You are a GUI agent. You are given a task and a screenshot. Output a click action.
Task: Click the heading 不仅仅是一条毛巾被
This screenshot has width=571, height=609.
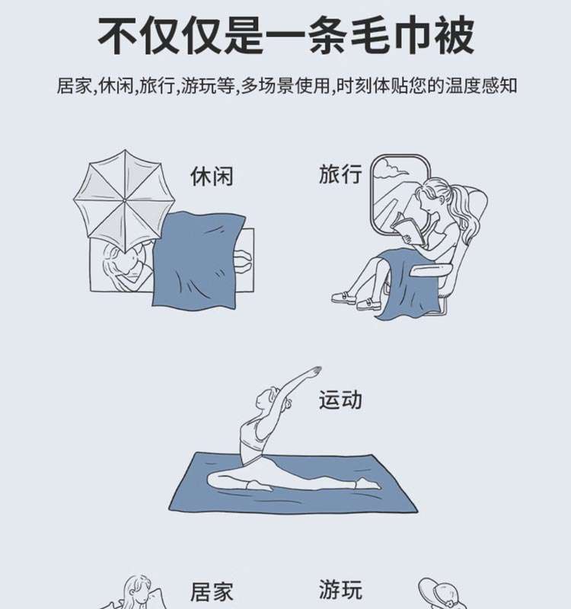(285, 36)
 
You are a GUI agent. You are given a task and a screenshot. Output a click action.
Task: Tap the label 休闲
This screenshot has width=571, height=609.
(212, 177)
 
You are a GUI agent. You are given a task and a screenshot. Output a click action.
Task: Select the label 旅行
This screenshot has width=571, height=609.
(340, 174)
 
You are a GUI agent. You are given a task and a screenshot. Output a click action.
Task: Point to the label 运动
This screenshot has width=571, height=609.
(340, 400)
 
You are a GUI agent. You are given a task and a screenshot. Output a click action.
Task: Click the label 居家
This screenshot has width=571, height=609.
(212, 592)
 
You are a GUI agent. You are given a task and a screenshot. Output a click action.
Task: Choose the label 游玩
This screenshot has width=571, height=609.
(340, 589)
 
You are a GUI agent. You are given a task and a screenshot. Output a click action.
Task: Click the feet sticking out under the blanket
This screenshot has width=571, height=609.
(243, 261)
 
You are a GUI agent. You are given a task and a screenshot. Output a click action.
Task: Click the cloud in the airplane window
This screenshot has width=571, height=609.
(391, 170)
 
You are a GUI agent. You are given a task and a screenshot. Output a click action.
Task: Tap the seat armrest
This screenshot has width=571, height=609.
(432, 270)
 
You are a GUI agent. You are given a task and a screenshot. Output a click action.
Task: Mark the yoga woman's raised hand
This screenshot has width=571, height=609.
(314, 370)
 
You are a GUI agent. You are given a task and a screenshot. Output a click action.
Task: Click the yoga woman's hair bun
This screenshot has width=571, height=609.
(289, 404)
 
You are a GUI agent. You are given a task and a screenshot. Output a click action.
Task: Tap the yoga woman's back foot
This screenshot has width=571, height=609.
(368, 484)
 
